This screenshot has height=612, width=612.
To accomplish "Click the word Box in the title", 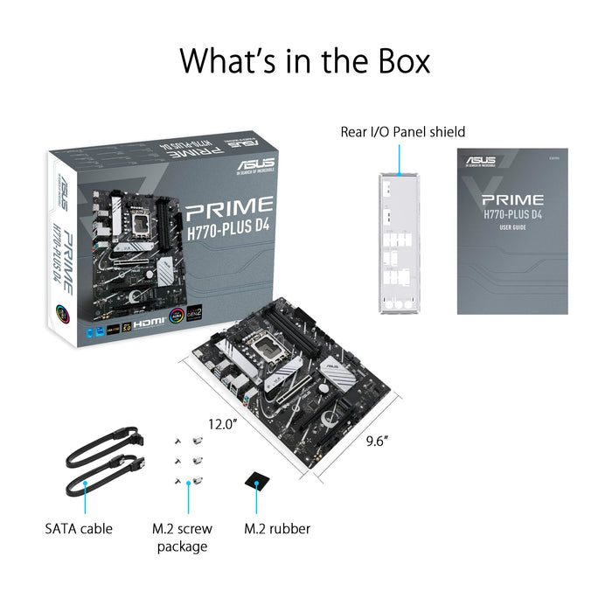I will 396,61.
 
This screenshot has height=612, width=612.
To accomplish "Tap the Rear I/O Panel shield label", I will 402,132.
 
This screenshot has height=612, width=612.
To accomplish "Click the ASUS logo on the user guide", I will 480,161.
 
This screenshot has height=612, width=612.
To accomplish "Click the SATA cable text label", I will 79,529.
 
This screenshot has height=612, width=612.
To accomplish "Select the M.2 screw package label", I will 183,538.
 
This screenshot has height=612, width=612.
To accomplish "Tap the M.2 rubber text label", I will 276,529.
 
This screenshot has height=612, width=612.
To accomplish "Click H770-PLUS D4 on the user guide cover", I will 512,216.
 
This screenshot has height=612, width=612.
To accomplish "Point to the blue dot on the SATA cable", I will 85,481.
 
